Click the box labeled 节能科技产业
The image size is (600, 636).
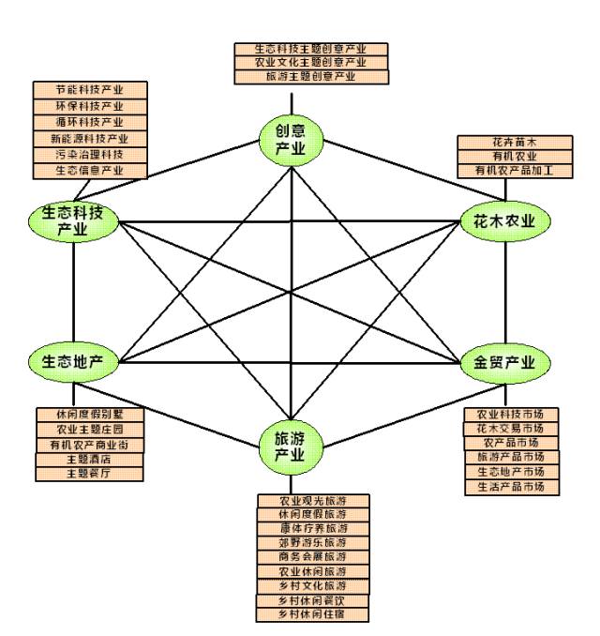tap(90, 90)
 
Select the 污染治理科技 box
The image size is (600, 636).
tap(90, 155)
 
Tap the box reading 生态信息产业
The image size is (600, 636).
tap(90, 171)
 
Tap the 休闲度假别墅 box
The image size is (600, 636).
tap(90, 415)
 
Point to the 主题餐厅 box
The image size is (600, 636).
tap(90, 474)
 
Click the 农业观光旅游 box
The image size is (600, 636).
tap(312, 500)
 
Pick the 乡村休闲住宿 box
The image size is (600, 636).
tap(312, 615)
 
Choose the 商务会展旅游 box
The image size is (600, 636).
tap(312, 557)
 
